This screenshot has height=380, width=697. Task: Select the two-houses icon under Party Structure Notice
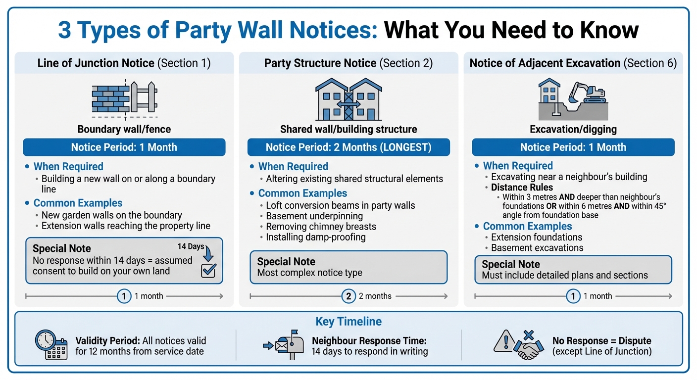(348, 98)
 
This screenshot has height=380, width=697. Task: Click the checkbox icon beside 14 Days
(208, 270)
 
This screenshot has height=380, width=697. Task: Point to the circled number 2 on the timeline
(348, 296)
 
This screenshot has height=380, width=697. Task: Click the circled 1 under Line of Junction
(124, 296)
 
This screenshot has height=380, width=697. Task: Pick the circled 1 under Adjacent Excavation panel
(573, 296)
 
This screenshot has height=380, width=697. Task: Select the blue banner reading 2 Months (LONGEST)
(348, 147)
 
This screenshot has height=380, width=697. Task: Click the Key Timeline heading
(348, 322)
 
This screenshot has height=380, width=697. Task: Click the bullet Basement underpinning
(314, 216)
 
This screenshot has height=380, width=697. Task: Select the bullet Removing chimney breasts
(321, 227)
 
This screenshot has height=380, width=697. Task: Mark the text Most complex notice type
(309, 273)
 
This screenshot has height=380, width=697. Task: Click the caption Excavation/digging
(573, 130)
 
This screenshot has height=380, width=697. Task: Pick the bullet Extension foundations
(537, 237)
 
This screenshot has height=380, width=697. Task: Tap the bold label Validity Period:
(107, 341)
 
